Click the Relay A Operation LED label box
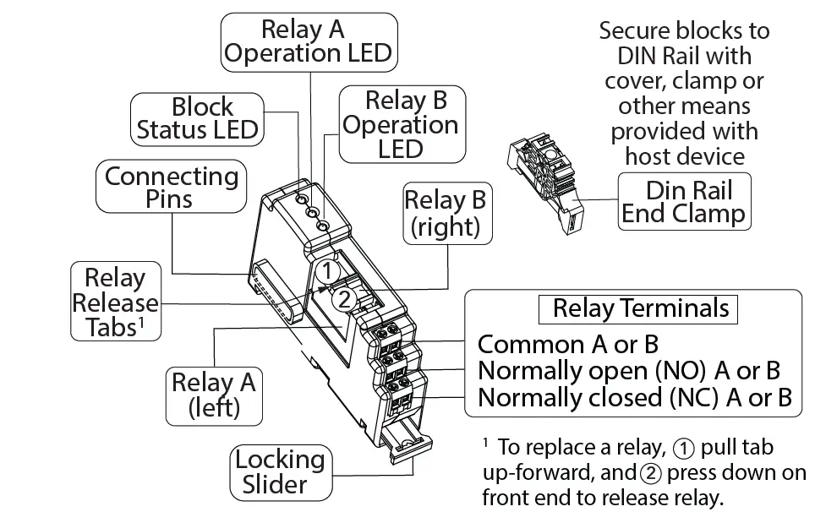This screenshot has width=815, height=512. click(309, 42)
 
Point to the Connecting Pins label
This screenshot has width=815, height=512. click(171, 188)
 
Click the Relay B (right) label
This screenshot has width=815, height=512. click(445, 214)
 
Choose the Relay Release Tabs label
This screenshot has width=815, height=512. click(114, 302)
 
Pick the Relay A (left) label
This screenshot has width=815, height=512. click(213, 395)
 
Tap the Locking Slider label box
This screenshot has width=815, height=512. click(279, 471)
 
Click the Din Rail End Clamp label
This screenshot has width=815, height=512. click(684, 201)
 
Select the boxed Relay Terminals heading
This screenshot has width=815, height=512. click(640, 308)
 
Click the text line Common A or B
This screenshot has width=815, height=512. click(568, 345)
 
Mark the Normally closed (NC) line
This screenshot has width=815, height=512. click(635, 397)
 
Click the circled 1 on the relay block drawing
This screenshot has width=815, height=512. click(329, 270)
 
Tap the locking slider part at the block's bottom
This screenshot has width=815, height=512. click(407, 444)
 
